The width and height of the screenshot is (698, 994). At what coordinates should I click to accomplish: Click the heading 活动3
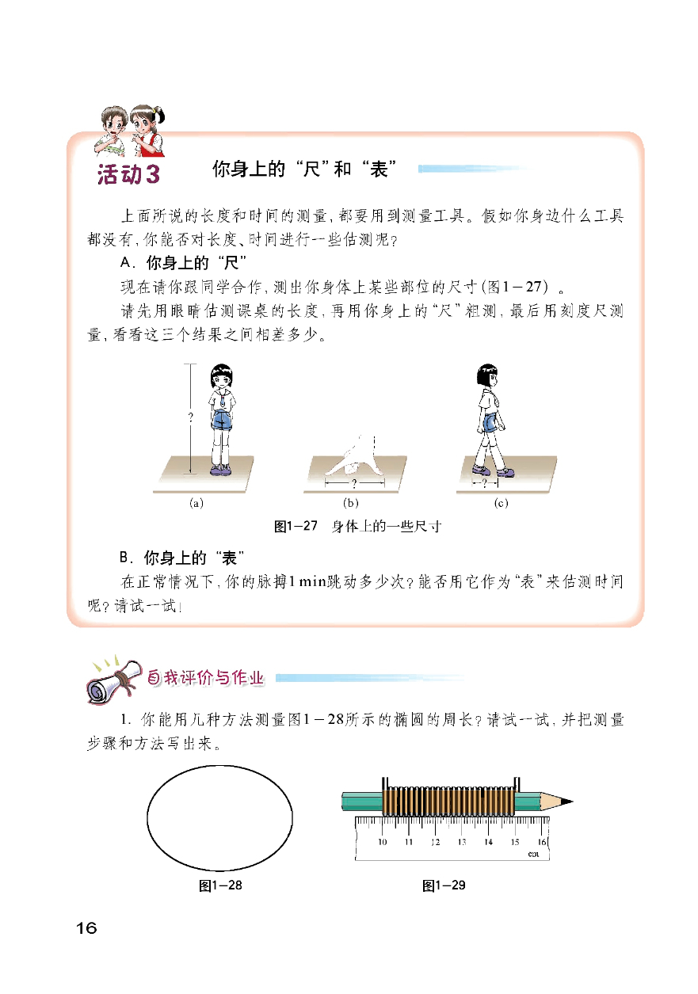click(x=128, y=174)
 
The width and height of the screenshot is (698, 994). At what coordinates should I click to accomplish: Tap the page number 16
click(x=86, y=928)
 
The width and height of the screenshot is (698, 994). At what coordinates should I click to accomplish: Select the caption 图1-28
click(x=220, y=885)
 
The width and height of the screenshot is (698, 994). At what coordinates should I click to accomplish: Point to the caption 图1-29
click(x=444, y=885)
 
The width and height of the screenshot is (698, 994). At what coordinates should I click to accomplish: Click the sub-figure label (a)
click(x=196, y=503)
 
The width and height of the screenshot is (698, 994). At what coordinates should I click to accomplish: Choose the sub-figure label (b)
click(x=351, y=503)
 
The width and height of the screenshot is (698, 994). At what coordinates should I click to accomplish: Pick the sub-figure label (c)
click(x=502, y=503)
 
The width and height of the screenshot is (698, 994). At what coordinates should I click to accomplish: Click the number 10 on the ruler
click(x=383, y=842)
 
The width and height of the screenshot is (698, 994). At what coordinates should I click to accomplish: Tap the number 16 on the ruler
click(x=542, y=842)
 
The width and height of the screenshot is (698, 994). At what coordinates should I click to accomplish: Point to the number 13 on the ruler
click(x=462, y=842)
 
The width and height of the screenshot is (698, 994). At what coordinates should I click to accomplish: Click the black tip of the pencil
click(x=567, y=802)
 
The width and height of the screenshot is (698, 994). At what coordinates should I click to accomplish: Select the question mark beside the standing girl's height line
click(x=190, y=417)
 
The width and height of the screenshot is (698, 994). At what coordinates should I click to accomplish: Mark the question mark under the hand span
click(x=354, y=483)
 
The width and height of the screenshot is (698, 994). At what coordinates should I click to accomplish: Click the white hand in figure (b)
click(x=357, y=456)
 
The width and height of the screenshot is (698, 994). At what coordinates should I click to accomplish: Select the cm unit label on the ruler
click(x=533, y=854)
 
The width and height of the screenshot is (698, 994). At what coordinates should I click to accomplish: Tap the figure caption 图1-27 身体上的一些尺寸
click(x=357, y=526)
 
